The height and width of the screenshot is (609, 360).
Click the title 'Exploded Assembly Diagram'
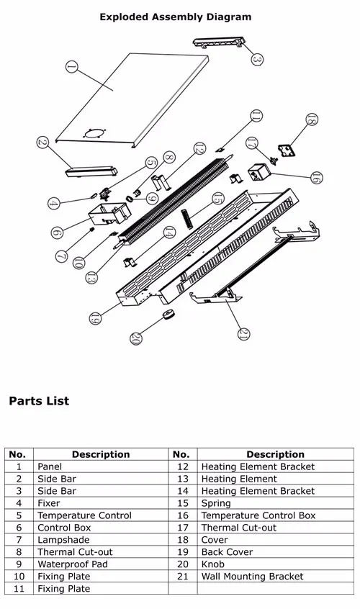(x=176, y=17)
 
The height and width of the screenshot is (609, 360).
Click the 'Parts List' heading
(x=39, y=401)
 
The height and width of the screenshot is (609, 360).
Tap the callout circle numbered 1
(x=71, y=67)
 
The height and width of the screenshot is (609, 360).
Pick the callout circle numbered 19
(x=95, y=317)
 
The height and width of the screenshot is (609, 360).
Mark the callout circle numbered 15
(x=218, y=199)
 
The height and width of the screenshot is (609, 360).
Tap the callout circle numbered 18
(x=311, y=120)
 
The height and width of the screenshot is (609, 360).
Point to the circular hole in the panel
(x=94, y=131)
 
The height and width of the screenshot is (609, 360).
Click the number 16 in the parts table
(x=183, y=515)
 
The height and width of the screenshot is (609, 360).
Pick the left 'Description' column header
(x=101, y=454)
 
